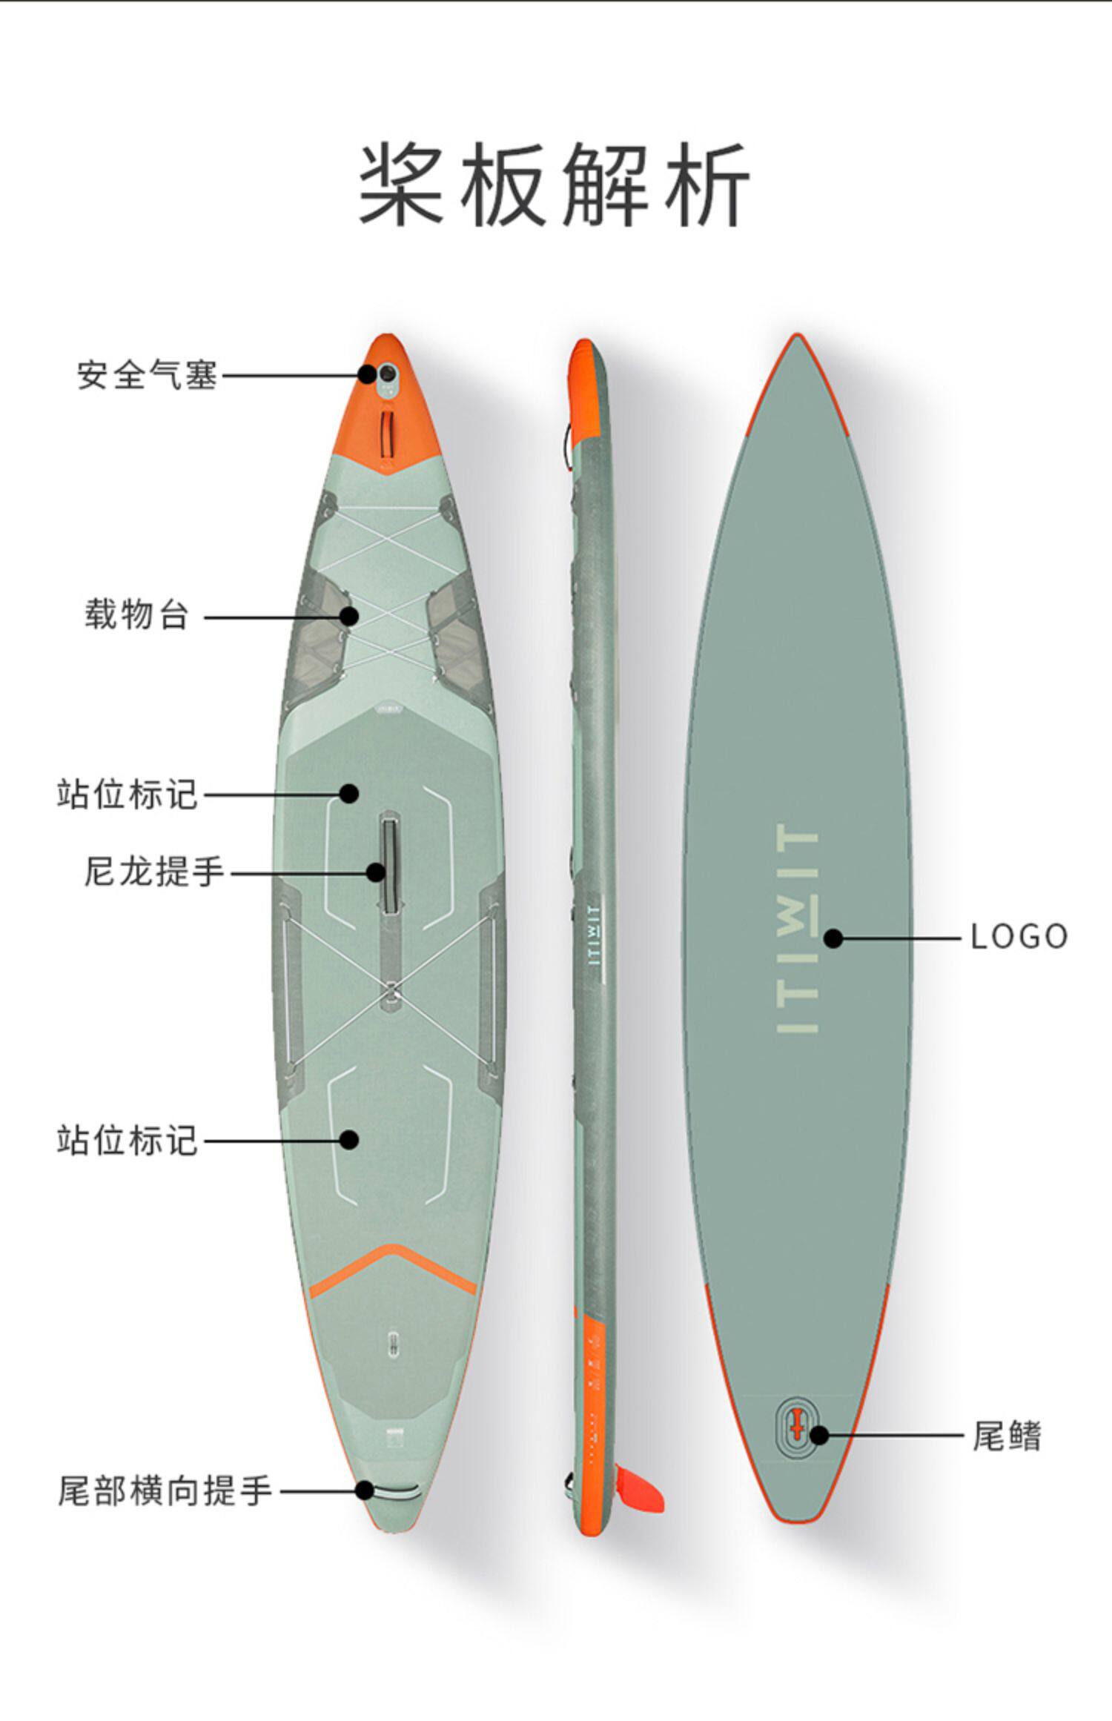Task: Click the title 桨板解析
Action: click(555, 185)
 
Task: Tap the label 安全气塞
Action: click(147, 375)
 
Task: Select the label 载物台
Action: click(136, 615)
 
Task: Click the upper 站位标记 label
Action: click(127, 794)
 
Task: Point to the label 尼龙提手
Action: click(153, 871)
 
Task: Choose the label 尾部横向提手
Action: click(165, 1490)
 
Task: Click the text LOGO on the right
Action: click(1019, 937)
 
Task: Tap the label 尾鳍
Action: click(1006, 1436)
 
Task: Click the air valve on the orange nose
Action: click(387, 375)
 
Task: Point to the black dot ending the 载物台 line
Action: click(349, 615)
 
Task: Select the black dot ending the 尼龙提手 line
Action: click(376, 872)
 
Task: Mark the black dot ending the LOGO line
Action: click(833, 938)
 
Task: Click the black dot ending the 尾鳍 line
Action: click(819, 1435)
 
